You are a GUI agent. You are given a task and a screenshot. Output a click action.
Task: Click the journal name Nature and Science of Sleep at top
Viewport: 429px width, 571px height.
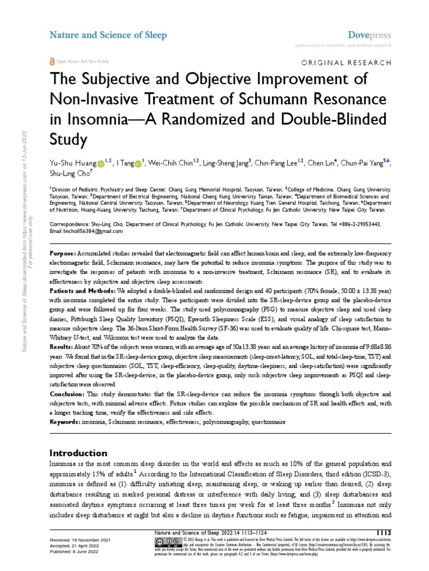coord(108,35)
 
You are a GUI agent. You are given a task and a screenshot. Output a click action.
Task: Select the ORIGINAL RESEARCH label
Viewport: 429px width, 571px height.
coord(346,64)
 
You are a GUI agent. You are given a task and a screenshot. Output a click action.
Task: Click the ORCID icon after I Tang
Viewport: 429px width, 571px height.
coord(138,164)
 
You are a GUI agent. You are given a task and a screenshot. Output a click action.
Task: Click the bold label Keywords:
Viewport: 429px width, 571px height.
coord(65,423)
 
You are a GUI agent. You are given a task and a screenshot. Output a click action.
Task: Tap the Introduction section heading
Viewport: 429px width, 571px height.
coord(78,453)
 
